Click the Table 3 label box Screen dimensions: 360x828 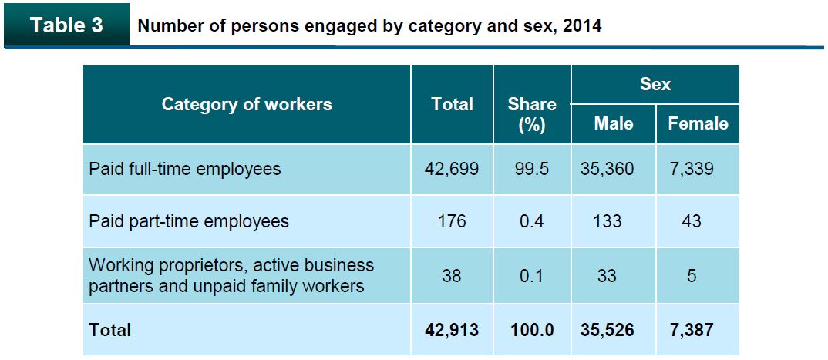(x=66, y=25)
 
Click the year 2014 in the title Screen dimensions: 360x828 (x=583, y=25)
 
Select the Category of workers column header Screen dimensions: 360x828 (x=247, y=104)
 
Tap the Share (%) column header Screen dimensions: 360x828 (x=532, y=113)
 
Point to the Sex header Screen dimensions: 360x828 (x=655, y=84)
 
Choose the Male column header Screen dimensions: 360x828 (x=614, y=123)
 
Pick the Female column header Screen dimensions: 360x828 (x=698, y=123)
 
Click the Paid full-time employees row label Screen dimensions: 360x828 (x=185, y=168)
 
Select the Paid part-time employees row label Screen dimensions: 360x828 (x=189, y=221)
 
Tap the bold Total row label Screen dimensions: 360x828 (x=110, y=330)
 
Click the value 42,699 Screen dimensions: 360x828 (x=452, y=168)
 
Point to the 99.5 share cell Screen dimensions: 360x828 (x=532, y=168)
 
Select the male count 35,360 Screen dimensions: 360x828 (x=608, y=168)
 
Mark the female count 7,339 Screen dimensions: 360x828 (x=692, y=168)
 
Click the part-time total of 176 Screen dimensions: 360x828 (x=452, y=221)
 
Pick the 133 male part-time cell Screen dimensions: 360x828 (x=608, y=221)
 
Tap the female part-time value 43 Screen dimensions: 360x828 (x=692, y=221)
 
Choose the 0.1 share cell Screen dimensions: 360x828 (x=532, y=275)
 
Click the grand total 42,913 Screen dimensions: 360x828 (x=452, y=330)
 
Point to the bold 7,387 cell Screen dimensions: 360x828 (x=692, y=330)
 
